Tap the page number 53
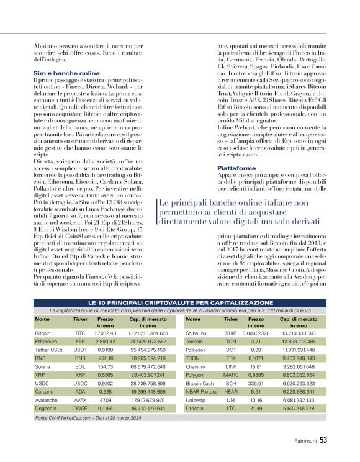(323, 442)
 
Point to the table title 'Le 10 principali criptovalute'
(180, 301)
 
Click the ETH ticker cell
(80, 342)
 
